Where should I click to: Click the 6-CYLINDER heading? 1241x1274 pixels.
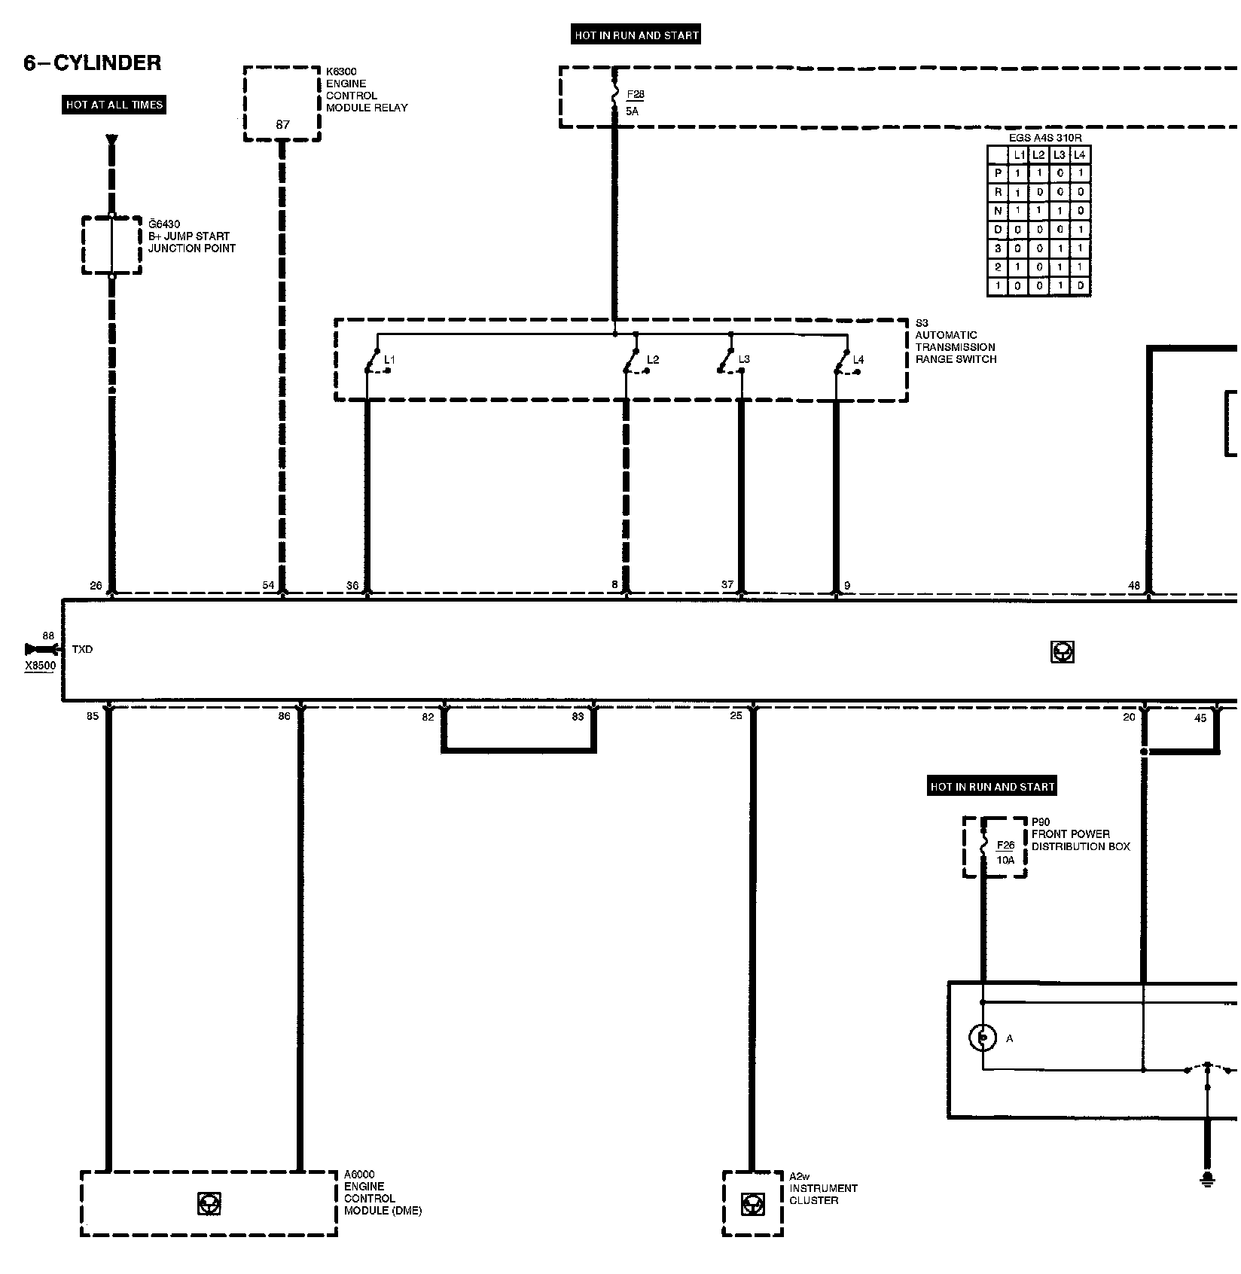(x=93, y=63)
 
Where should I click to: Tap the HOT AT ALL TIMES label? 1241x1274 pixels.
(x=114, y=105)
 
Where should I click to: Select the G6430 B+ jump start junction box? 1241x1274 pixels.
(x=111, y=245)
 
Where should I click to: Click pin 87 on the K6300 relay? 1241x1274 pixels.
(x=282, y=125)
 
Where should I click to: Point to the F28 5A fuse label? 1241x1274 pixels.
(x=635, y=102)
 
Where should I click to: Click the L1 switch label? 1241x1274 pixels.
(x=389, y=360)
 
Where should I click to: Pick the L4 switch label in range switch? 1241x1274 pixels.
(x=858, y=360)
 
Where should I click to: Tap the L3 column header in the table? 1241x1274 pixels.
(x=1060, y=155)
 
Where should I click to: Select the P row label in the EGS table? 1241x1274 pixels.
(x=998, y=173)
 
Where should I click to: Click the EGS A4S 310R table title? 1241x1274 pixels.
(x=1039, y=139)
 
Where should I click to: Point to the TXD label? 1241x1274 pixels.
(x=83, y=649)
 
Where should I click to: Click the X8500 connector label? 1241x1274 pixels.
(x=40, y=666)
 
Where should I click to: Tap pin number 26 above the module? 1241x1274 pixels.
(x=96, y=586)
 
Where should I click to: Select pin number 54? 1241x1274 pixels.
(x=269, y=586)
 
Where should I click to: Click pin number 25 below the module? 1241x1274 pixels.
(x=736, y=715)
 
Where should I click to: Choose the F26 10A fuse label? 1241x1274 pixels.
(x=1005, y=852)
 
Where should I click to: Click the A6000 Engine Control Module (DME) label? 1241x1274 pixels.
(x=383, y=1193)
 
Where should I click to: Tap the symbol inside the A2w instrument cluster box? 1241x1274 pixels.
(x=751, y=1204)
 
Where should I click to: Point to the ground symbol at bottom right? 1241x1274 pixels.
(x=1207, y=1178)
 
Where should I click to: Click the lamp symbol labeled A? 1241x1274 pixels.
(x=982, y=1038)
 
